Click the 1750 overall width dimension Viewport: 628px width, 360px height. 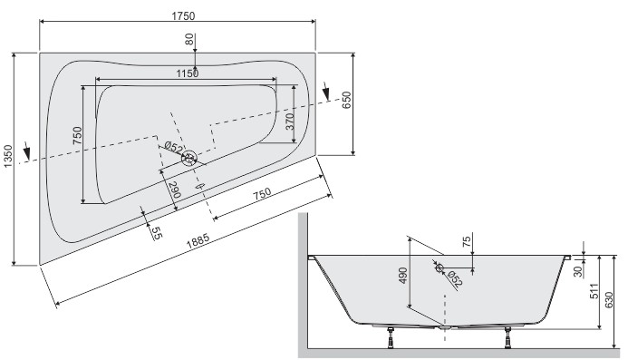tap(183, 16)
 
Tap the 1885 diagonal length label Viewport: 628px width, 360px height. tap(198, 240)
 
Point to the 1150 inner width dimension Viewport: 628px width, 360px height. tap(188, 73)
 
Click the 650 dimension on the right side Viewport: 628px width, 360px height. tap(346, 100)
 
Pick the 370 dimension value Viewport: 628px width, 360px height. tap(290, 122)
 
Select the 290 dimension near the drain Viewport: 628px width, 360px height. tap(174, 190)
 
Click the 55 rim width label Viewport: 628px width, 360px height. tap(157, 232)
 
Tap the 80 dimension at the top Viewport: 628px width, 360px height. tap(189, 39)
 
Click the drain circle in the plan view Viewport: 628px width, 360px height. tap(189, 158)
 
